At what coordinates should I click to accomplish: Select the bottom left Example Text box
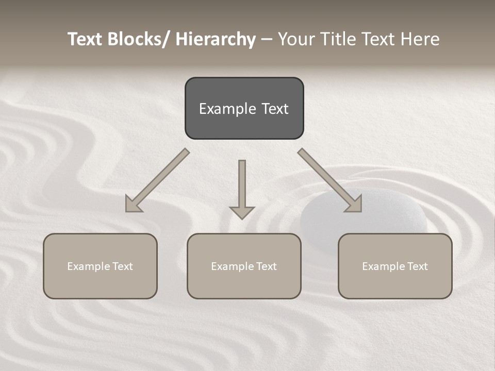coord(100,266)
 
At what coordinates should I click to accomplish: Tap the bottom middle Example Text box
coord(244,266)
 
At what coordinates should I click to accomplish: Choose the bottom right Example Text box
coord(395,266)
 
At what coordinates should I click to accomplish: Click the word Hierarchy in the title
coord(216,39)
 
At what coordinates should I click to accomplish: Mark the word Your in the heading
coord(296,39)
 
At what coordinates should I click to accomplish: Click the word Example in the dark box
coord(220,109)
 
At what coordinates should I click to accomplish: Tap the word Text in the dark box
coord(274,109)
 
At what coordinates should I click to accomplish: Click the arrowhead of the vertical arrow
coord(242,212)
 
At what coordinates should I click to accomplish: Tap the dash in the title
coord(267,40)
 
